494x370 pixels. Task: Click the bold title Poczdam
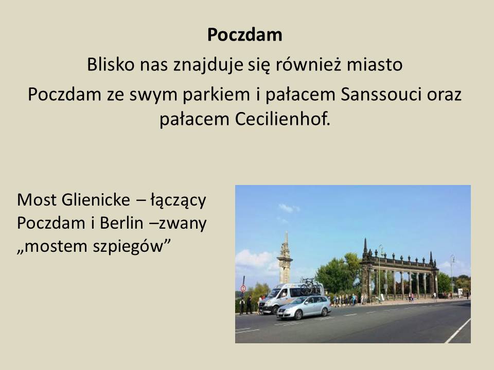(x=245, y=34)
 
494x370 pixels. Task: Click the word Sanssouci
(x=381, y=94)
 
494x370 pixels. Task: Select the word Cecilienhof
(x=283, y=119)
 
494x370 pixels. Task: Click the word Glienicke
(x=96, y=200)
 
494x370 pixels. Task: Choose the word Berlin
(x=121, y=223)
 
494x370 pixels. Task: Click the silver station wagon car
(x=304, y=307)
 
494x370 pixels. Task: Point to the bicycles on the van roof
(x=311, y=287)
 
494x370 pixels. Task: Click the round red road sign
(x=243, y=288)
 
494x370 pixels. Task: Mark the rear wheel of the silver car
(x=324, y=312)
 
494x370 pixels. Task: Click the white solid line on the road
(x=458, y=330)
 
